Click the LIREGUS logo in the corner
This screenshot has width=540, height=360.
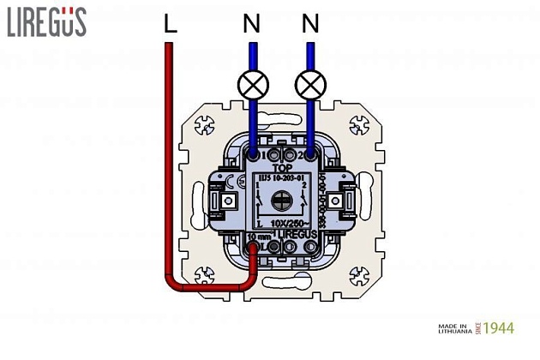[x=46, y=22]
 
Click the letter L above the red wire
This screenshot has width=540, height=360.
[x=170, y=26]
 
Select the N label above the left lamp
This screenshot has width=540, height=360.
[x=251, y=26]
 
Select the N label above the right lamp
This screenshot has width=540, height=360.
[x=309, y=26]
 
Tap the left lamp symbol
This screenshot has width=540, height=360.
[x=252, y=84]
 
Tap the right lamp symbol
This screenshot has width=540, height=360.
[x=309, y=84]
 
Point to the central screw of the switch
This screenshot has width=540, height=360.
[x=281, y=201]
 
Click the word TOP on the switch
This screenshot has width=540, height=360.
[x=281, y=169]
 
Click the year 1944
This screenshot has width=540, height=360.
[x=500, y=328]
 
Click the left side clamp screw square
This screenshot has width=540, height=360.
[x=229, y=201]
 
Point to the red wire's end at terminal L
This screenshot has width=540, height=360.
[x=255, y=249]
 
